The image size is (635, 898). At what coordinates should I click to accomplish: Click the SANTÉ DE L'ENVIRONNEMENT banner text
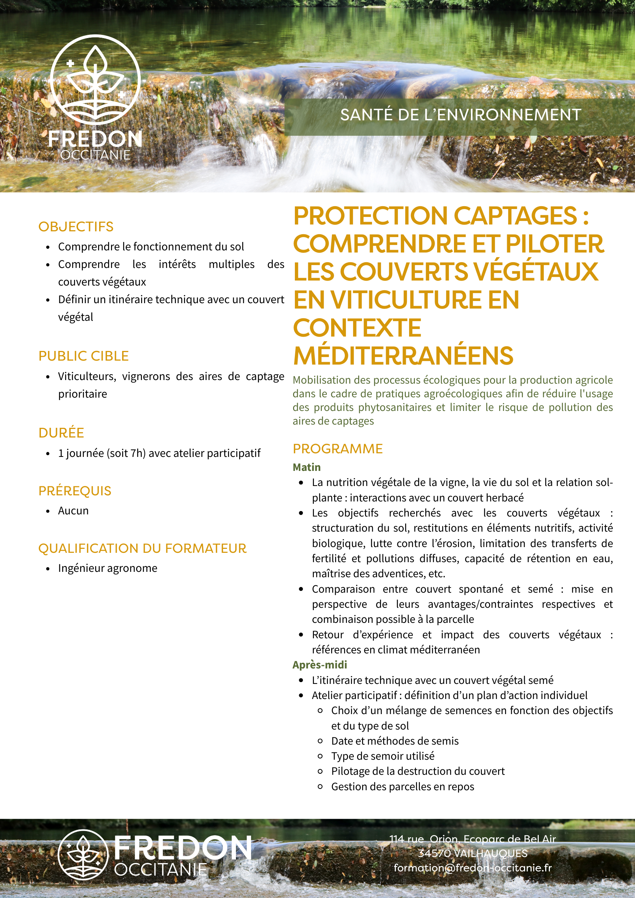pos(460,115)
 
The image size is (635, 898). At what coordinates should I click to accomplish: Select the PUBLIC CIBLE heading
pos(83,356)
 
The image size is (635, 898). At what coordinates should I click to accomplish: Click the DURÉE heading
pos(61,433)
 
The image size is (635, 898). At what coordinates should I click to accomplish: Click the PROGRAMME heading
pos(338,449)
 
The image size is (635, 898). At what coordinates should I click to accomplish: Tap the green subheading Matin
pos(307,467)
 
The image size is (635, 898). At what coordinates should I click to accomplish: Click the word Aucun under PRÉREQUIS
pos(73,511)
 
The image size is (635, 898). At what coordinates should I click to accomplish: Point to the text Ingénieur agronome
pos(107,568)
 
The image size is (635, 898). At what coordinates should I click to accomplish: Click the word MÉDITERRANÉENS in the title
pos(403,356)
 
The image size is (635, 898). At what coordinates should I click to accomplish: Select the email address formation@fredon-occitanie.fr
pos(472,868)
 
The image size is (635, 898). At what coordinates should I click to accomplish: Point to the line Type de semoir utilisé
pos(383,756)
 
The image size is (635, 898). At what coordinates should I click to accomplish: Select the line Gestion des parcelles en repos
pos(402,787)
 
